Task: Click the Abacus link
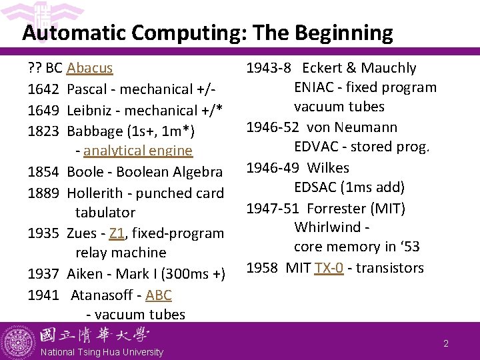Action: point(90,68)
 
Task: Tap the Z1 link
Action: point(117,233)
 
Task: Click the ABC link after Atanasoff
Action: point(158,295)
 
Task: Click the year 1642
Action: point(45,89)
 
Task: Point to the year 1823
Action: point(45,131)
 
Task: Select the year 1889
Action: point(45,192)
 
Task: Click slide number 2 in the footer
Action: point(446,344)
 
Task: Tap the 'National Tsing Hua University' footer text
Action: point(101,352)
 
